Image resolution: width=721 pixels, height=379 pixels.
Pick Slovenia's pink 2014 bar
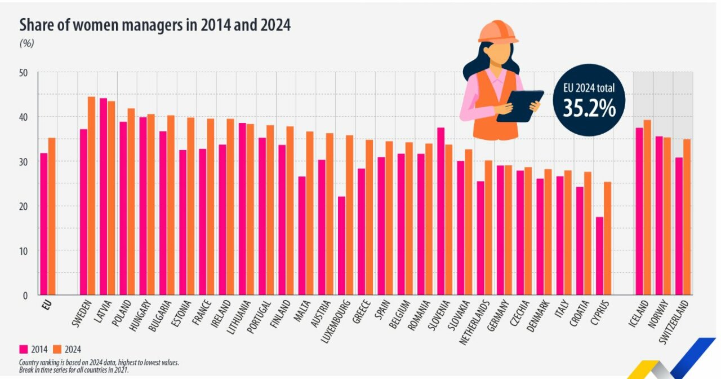(x=440, y=211)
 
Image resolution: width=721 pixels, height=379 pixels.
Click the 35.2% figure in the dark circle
(x=590, y=109)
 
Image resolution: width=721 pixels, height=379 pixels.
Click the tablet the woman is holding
(x=519, y=106)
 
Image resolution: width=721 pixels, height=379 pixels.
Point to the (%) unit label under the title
(x=26, y=43)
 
